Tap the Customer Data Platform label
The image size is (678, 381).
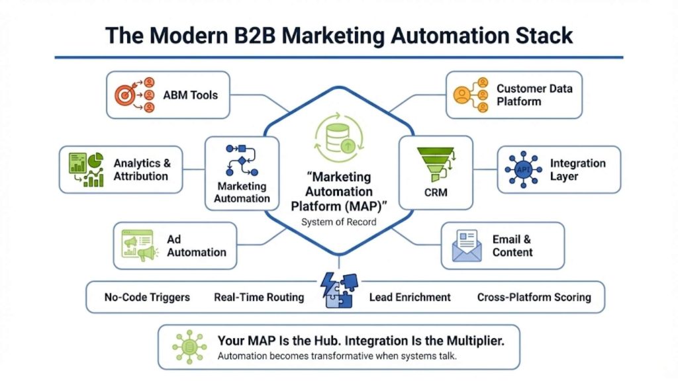click(x=534, y=95)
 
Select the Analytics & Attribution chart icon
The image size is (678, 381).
click(x=85, y=169)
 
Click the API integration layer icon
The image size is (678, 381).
click(x=523, y=169)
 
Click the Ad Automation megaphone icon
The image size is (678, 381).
click(x=140, y=245)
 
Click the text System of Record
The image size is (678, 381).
click(x=338, y=222)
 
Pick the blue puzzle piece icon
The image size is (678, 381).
click(x=338, y=292)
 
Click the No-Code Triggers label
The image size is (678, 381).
click(x=147, y=297)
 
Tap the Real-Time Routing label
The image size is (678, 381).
click(x=259, y=297)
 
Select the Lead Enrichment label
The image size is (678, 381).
click(x=410, y=297)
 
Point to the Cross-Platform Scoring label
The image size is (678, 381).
click(x=534, y=297)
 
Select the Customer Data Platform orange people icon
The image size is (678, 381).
click(x=471, y=95)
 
